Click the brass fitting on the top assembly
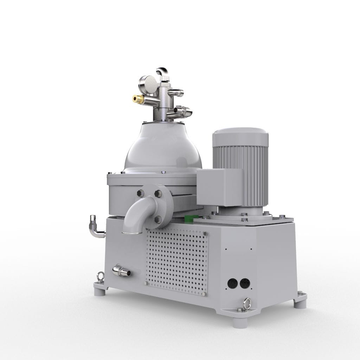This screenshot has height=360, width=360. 137,98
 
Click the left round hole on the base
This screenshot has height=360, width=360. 232,283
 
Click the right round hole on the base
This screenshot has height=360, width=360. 244,283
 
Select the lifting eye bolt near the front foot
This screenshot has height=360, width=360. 247,302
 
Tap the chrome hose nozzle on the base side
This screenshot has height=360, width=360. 121,271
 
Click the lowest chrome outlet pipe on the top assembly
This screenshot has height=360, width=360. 182,112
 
